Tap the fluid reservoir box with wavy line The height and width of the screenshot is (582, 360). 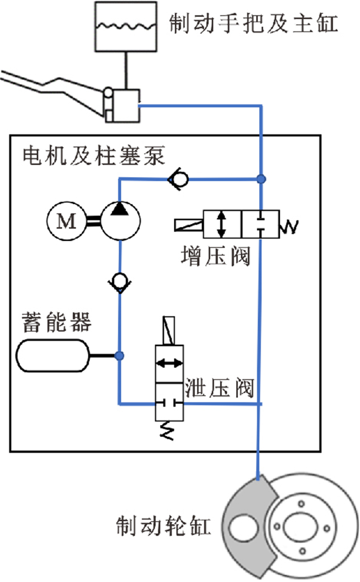125,27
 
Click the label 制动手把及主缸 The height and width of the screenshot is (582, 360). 254,24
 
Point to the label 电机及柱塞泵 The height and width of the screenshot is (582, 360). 94,155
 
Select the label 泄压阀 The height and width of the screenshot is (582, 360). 220,388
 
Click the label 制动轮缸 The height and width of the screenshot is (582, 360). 164,527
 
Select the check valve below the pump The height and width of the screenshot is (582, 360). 120,282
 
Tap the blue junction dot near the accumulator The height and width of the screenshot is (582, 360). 120,355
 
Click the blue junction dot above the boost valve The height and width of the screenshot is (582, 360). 262,179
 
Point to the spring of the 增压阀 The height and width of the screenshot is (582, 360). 289,224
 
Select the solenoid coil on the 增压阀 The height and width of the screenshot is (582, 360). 189,224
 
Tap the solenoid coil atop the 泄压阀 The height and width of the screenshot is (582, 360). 169,331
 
